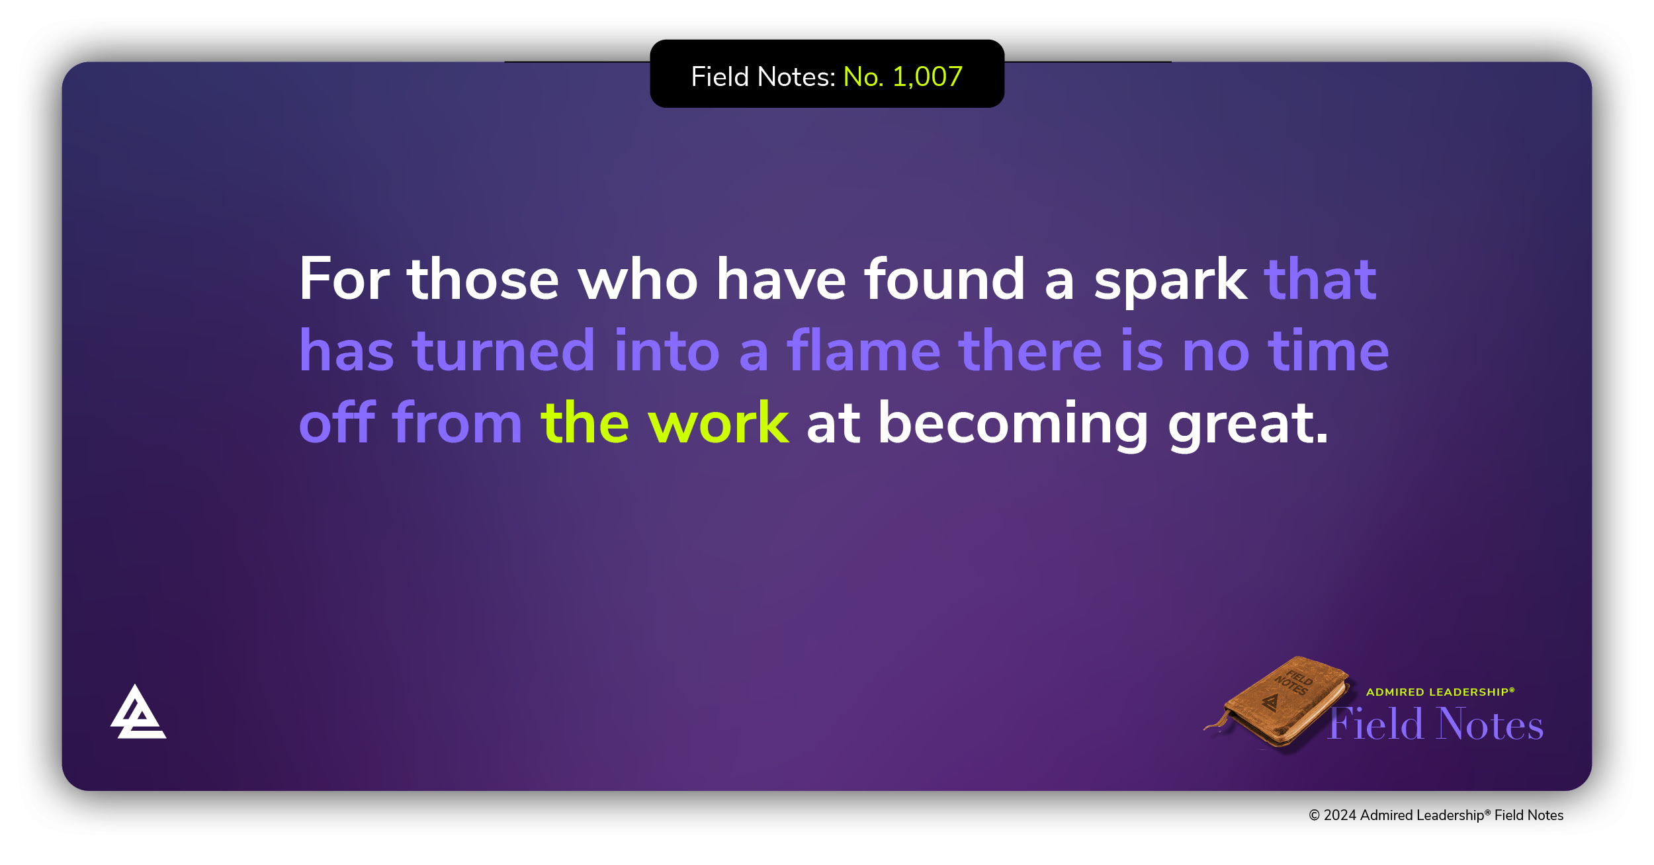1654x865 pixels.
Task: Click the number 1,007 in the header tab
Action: coord(927,77)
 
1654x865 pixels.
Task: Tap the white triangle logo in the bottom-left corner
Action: coord(138,712)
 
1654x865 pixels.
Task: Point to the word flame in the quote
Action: coord(863,350)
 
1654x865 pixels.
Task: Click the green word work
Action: coord(718,423)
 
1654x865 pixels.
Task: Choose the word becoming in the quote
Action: coord(1013,423)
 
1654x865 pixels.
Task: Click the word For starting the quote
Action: coord(344,279)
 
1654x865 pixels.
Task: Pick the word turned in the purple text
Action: coord(503,350)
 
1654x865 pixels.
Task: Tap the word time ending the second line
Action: coord(1328,350)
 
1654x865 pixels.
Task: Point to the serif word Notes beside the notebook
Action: coord(1491,723)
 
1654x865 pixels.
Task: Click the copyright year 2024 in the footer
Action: coord(1340,815)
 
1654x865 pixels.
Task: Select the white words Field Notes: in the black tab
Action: coord(763,77)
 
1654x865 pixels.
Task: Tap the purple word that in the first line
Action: coord(1321,278)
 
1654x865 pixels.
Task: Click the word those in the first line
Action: coord(483,278)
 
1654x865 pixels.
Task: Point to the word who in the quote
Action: coord(638,278)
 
